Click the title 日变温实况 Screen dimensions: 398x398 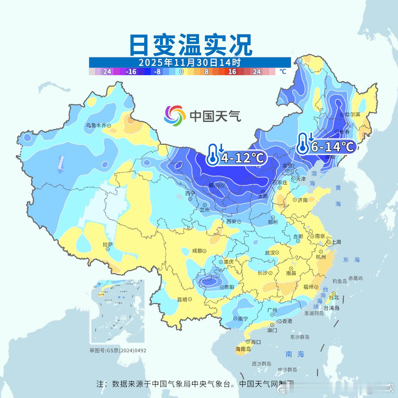pos(191,45)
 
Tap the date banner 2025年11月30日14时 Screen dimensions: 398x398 pos(190,62)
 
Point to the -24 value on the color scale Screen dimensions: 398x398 pos(106,71)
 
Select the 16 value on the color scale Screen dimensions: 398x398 pos(232,71)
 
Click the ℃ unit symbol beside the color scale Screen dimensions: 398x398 pos(283,71)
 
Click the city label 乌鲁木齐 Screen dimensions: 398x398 pos(96,125)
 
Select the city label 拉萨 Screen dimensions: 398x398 pos(108,244)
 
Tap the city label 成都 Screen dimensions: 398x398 pos(197,251)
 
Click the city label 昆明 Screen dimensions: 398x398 pos(182,299)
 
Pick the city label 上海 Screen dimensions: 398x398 pos(336,242)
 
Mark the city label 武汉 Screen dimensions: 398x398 pos(270,253)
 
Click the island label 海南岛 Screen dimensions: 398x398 pos(243,349)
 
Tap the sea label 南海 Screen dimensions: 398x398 pos(295,354)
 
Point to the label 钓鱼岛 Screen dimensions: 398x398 pos(340,281)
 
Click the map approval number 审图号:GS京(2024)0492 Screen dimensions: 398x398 pos(118,350)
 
